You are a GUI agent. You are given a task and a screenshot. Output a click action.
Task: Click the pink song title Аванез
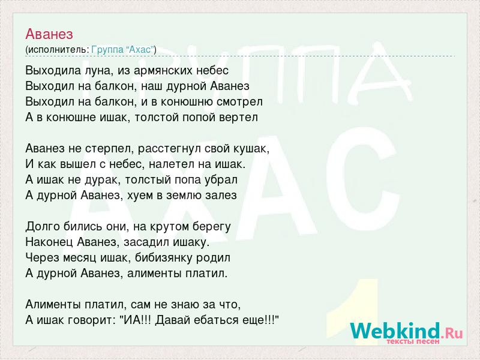49,34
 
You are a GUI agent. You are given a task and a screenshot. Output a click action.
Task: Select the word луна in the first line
95,71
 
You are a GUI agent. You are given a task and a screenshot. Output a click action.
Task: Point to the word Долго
43,227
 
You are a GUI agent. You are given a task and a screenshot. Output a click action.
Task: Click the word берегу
212,227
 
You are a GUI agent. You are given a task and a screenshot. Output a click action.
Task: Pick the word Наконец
49,242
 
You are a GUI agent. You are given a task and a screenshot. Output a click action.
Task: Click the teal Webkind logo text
395,331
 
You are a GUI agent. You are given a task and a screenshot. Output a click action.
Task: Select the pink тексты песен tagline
413,341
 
